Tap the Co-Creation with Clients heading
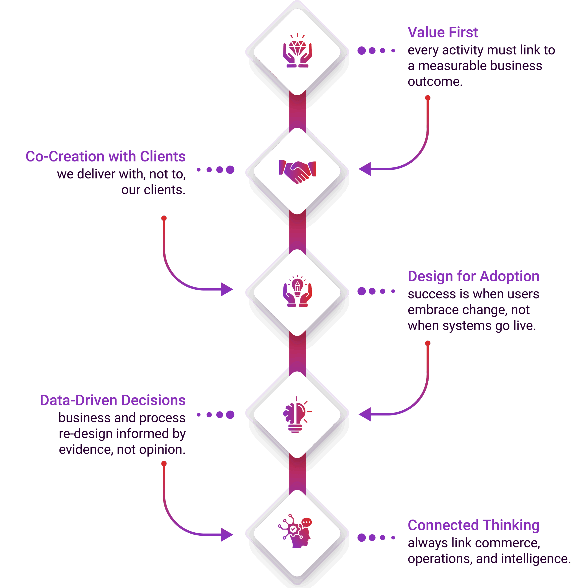pyautogui.click(x=105, y=156)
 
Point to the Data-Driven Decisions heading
pyautogui.click(x=113, y=400)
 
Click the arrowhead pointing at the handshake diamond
pyautogui.click(x=365, y=169)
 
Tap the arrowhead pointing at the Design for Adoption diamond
pyautogui.click(x=227, y=289)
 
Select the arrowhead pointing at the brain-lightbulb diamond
pyautogui.click(x=365, y=414)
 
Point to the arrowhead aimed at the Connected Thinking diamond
pyautogui.click(x=227, y=535)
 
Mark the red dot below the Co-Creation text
pyautogui.click(x=164, y=218)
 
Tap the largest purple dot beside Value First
pyautogui.click(x=362, y=51)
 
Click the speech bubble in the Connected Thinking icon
pyautogui.click(x=306, y=523)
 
